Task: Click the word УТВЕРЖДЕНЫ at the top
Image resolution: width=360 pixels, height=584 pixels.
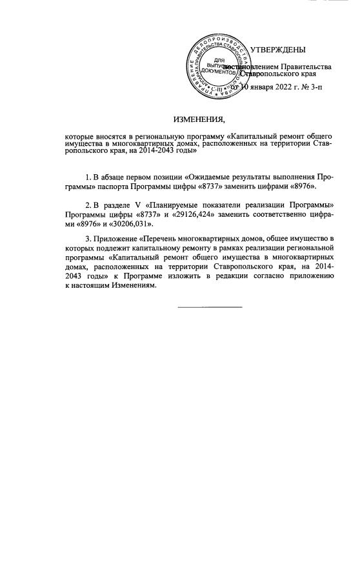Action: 277,50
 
